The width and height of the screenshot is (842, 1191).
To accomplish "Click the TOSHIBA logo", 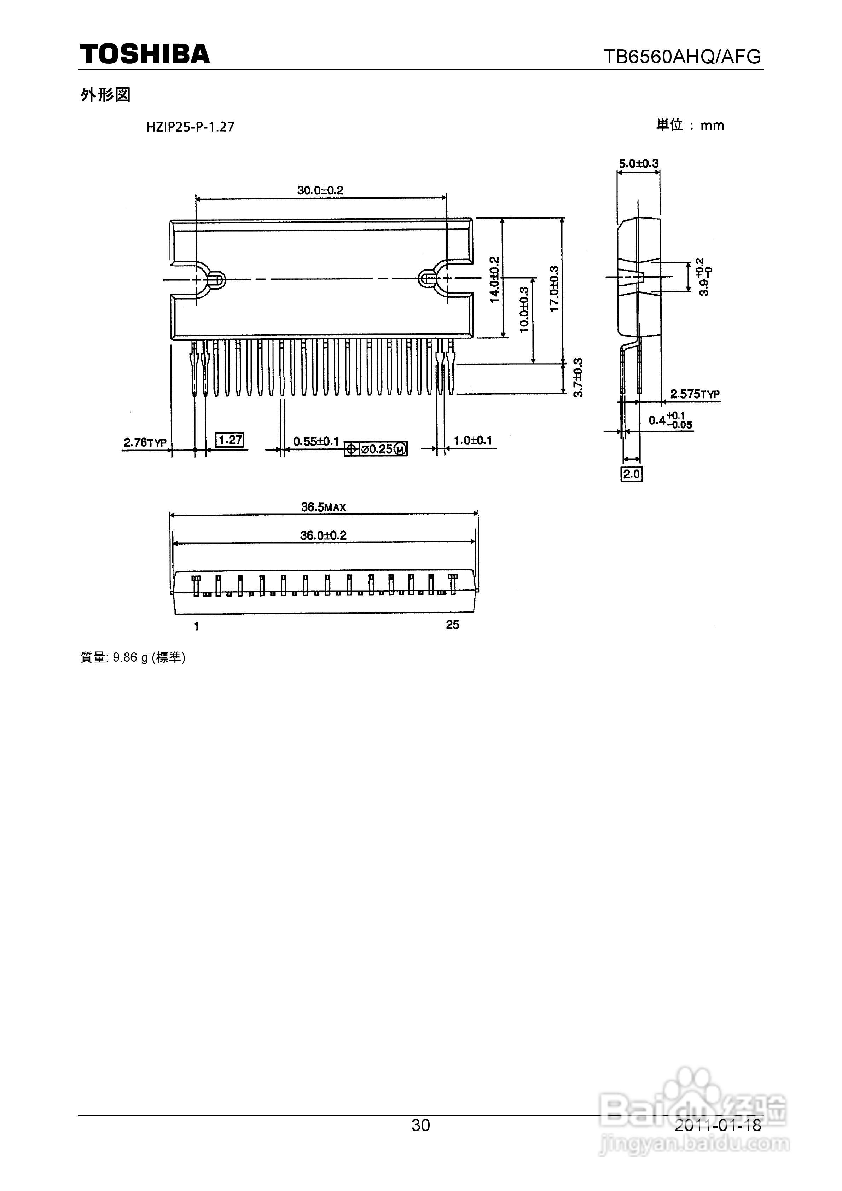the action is (x=145, y=54).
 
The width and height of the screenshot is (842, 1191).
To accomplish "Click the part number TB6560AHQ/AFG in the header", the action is (x=682, y=56).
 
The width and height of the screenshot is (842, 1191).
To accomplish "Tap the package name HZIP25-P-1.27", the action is (x=190, y=127).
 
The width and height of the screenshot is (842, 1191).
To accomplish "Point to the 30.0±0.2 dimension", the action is (x=321, y=190).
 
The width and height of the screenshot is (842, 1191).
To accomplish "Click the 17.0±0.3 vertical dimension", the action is (x=554, y=289).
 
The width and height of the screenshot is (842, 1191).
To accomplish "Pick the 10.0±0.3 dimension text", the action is (x=524, y=310).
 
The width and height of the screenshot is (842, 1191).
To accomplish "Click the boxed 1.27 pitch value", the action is (x=230, y=440).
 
